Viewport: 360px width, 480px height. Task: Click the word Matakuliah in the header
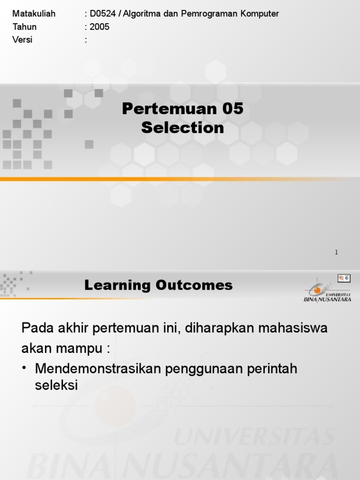click(34, 14)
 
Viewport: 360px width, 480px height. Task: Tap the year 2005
click(99, 27)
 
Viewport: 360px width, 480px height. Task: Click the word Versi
click(22, 40)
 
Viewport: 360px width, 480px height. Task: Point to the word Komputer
click(261, 14)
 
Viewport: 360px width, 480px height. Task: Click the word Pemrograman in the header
click(213, 14)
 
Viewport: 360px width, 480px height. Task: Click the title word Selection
click(183, 127)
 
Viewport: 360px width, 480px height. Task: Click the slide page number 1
click(336, 252)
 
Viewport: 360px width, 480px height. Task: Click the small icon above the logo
click(344, 278)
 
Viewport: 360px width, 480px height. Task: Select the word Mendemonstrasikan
click(98, 369)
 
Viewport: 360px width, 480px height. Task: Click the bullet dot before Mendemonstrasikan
click(25, 369)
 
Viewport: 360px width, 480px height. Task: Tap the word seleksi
click(56, 385)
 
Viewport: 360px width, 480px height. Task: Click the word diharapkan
click(214, 328)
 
